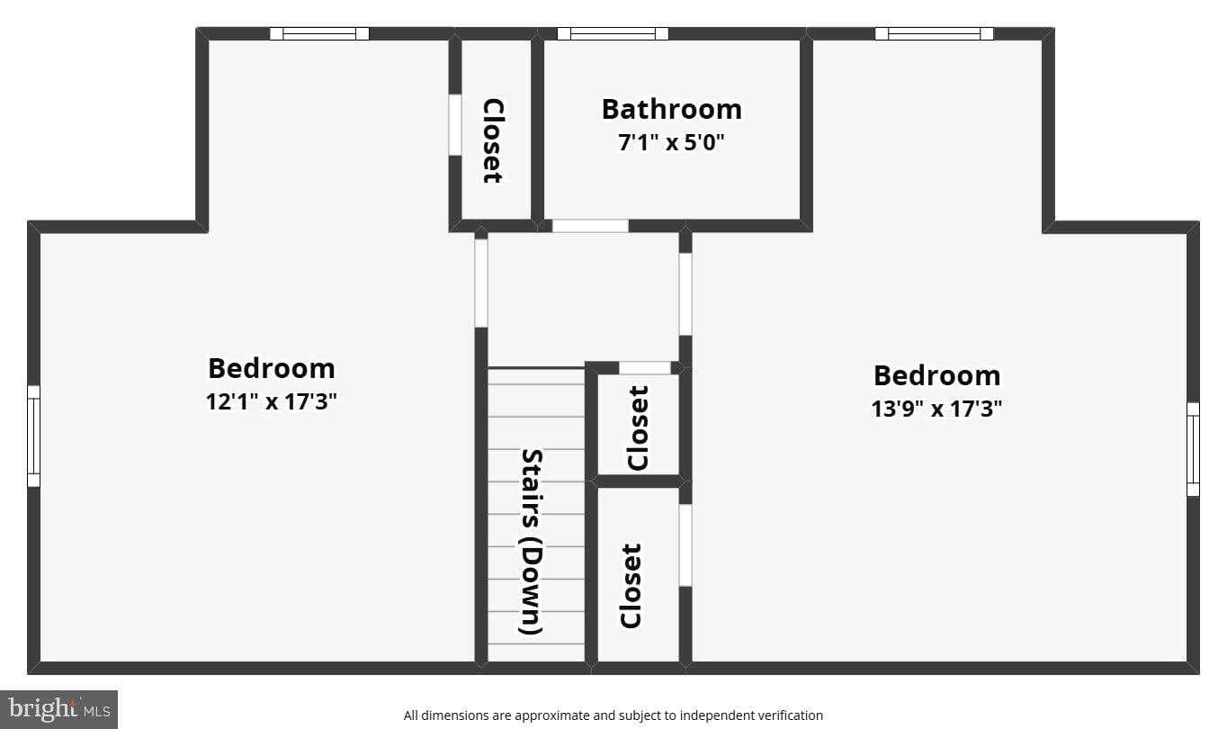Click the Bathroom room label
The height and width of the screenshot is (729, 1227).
click(671, 109)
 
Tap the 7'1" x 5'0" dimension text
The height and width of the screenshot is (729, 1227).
click(671, 142)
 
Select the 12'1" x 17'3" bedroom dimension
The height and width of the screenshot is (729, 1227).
click(271, 401)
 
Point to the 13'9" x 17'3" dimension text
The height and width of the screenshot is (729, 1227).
click(936, 409)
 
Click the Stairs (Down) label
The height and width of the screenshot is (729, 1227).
click(532, 542)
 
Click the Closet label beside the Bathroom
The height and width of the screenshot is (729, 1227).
click(492, 141)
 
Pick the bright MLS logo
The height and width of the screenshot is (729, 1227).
click(58, 709)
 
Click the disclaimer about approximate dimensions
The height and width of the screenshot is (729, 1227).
click(613, 715)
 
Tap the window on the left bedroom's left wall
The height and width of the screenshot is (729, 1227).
click(33, 436)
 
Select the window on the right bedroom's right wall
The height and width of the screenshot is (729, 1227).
click(1193, 449)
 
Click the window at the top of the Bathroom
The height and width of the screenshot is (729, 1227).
click(613, 33)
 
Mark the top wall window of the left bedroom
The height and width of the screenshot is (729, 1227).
click(319, 33)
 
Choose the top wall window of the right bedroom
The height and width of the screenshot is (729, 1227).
click(934, 33)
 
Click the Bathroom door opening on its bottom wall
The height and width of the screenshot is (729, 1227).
click(590, 226)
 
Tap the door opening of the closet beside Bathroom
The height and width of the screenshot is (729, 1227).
click(455, 124)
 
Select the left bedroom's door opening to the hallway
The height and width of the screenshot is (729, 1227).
click(481, 283)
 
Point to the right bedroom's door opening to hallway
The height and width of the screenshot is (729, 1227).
click(685, 294)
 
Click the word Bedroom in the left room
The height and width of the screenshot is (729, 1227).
click(271, 368)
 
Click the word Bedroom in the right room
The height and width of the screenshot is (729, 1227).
click(936, 375)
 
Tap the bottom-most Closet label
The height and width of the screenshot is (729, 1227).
click(631, 585)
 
